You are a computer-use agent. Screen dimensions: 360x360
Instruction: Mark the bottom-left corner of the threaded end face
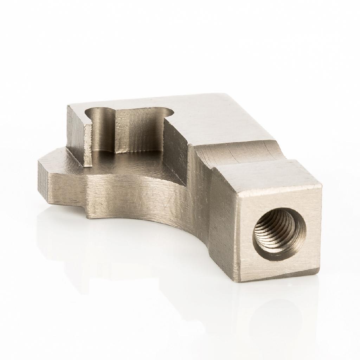tap(240, 282)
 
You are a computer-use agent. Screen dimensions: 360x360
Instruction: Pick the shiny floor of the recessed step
tap(134, 165)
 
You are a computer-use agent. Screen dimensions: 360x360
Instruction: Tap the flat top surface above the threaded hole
tap(271, 176)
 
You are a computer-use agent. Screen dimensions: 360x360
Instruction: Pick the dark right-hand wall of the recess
tap(176, 151)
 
